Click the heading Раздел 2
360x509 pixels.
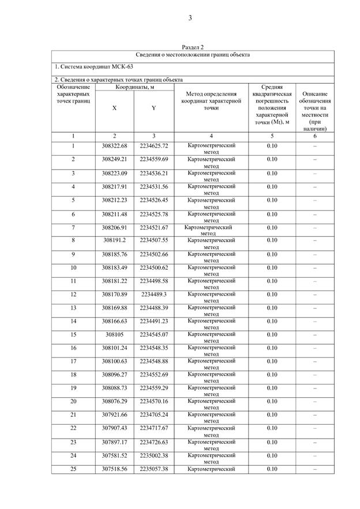point(193,47)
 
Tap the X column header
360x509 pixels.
point(114,108)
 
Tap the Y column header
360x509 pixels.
point(153,108)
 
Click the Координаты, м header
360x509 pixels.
point(134,87)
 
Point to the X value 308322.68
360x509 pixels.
point(114,146)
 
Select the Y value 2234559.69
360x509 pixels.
point(153,159)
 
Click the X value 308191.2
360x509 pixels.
point(114,240)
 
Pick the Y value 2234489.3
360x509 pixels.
point(153,295)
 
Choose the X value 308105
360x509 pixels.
point(114,334)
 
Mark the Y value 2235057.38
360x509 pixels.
point(153,469)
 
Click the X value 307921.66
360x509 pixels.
point(114,415)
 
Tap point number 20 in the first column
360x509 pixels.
point(73,402)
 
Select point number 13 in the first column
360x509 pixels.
point(73,308)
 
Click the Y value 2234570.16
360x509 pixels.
point(153,402)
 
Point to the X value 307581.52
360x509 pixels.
point(114,455)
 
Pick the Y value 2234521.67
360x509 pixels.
point(153,227)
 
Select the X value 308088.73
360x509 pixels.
point(114,388)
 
